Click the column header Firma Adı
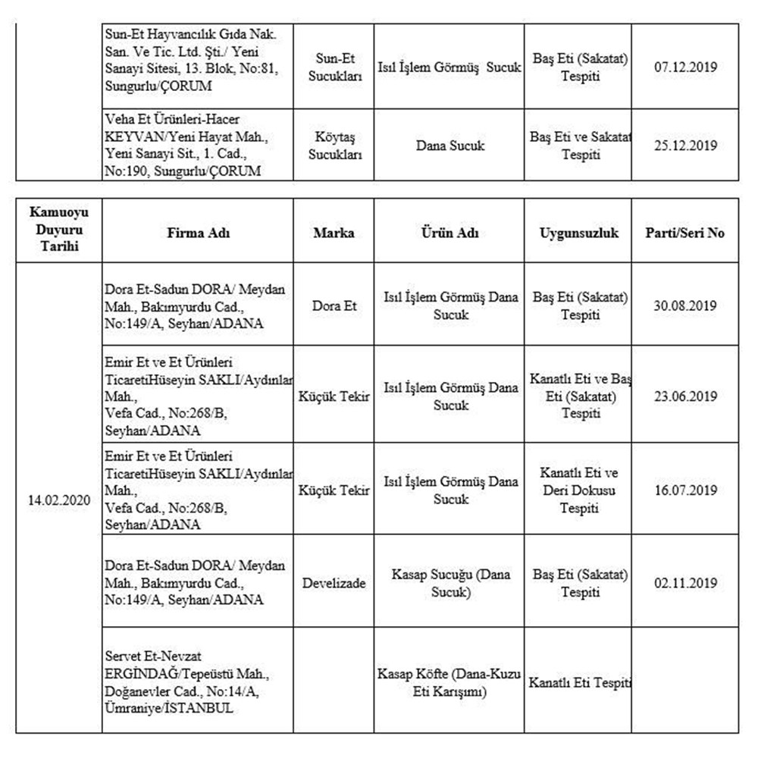(x=199, y=233)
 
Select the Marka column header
(x=334, y=233)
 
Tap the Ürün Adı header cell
(x=450, y=233)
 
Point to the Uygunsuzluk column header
(x=580, y=233)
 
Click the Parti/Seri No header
(x=685, y=233)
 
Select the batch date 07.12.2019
(x=685, y=67)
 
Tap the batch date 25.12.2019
(x=685, y=145)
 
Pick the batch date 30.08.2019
(x=685, y=305)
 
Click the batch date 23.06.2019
(x=685, y=396)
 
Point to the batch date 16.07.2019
(x=685, y=490)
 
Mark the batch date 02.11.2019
(x=685, y=583)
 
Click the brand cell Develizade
(x=334, y=583)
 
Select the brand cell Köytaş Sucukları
(x=334, y=145)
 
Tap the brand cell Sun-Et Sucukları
(x=334, y=67)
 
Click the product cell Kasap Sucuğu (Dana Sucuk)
(x=450, y=583)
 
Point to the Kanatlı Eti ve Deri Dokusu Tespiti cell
(x=580, y=490)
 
